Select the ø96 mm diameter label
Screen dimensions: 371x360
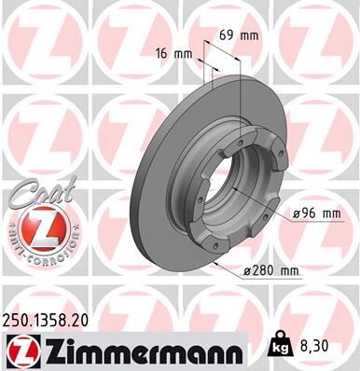pyautogui.click(x=316, y=213)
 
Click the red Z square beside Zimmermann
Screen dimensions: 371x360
pyautogui.click(x=21, y=350)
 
